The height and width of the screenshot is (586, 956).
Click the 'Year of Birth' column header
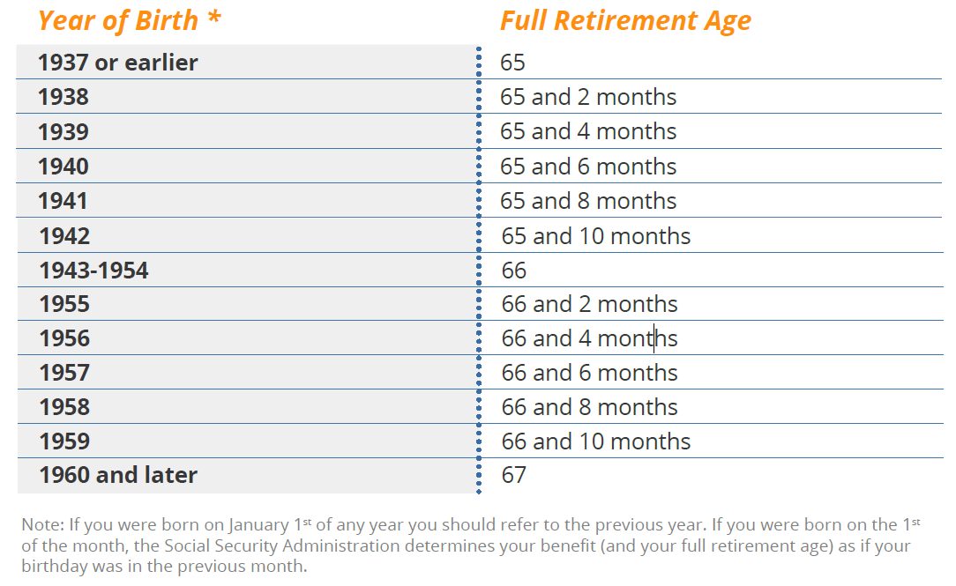[x=118, y=22]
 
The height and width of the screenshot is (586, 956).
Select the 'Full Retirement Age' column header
[x=625, y=22]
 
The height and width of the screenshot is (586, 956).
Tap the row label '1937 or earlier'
[x=117, y=63]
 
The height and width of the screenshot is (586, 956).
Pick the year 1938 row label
[x=63, y=97]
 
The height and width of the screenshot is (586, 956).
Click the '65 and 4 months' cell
[x=588, y=131]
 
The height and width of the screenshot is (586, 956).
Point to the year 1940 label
[x=63, y=167]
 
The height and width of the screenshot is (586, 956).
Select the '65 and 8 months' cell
[x=588, y=200]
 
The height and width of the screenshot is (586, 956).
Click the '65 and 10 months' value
[x=595, y=236]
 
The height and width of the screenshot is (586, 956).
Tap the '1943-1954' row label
[x=93, y=271]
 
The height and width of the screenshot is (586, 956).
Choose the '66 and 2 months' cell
[x=590, y=304]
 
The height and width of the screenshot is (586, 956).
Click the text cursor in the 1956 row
[x=654, y=338]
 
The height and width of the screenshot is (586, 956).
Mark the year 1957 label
[x=64, y=373]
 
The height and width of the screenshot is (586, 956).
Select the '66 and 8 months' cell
[x=590, y=407]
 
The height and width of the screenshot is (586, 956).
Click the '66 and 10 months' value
[x=595, y=441]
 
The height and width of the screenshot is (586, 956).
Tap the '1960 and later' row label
[x=118, y=475]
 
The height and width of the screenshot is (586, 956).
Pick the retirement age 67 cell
[x=513, y=475]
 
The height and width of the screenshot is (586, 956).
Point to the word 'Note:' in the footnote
[x=42, y=524]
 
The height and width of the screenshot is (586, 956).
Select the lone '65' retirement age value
[x=512, y=63]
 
